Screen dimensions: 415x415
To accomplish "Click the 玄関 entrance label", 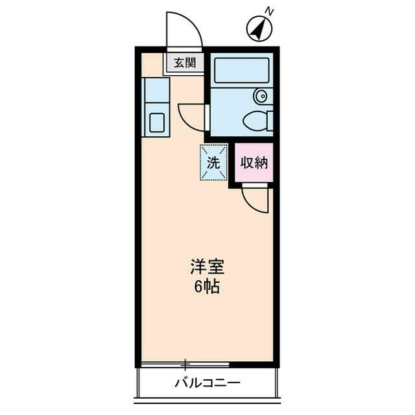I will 185,63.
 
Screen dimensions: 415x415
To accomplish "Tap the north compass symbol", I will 259,29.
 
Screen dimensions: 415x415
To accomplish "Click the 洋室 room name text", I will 207,267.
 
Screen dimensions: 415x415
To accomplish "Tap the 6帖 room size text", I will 207,287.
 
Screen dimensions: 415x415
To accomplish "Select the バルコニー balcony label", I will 207,383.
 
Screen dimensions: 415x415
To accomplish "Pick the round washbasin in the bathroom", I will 261,97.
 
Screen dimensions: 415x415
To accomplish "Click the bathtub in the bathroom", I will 241,70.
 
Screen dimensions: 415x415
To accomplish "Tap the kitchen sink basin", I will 157,122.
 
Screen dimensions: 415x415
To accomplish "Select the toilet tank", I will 269,121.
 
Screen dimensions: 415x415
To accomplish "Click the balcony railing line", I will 207,397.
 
